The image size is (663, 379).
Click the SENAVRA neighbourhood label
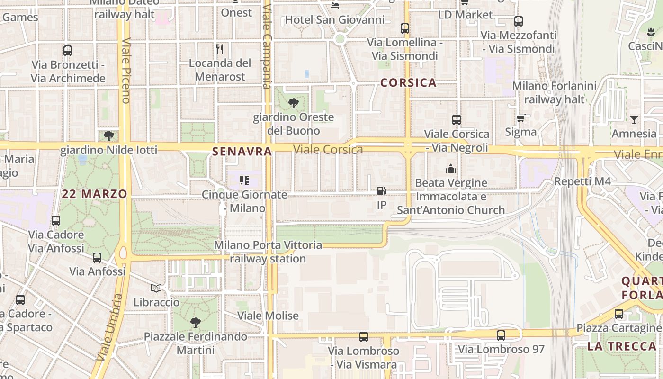point(242,152)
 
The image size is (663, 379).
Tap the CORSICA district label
point(408,83)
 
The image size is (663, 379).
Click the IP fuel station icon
point(381,191)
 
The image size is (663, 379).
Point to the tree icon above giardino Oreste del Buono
point(293,103)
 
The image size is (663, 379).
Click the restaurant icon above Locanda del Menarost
point(220,49)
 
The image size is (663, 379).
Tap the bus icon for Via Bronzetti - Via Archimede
point(68,51)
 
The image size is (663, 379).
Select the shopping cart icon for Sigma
point(521,118)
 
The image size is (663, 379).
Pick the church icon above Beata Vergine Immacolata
point(451,169)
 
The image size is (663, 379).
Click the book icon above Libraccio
point(156,288)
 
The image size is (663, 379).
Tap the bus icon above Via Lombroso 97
point(501,335)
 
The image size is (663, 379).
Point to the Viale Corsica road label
point(328,150)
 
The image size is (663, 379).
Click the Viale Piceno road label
point(126,71)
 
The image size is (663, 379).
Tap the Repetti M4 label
point(582,181)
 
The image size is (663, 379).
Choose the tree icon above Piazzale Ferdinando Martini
point(195,323)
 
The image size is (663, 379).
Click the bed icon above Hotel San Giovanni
point(335,6)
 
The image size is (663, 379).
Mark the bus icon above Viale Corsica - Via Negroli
point(457,120)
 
